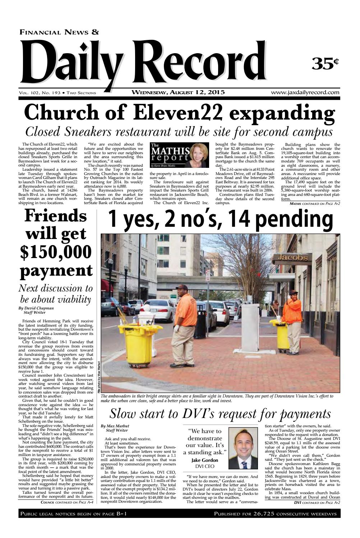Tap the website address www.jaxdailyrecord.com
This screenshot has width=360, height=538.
305,92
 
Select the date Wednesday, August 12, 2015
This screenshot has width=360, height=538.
178,92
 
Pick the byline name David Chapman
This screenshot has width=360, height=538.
39,308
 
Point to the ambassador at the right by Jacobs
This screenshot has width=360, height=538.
293,320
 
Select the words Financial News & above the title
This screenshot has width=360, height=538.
60,32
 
